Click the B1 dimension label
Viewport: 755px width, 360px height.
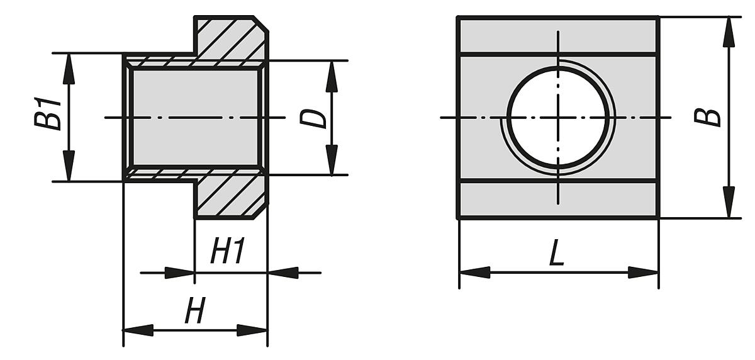(x=48, y=114)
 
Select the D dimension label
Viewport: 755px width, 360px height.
(x=313, y=119)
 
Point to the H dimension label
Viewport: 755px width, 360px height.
(x=195, y=310)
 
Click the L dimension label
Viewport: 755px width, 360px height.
(x=557, y=252)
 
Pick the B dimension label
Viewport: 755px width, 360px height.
(x=707, y=117)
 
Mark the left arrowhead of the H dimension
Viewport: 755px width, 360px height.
(x=139, y=330)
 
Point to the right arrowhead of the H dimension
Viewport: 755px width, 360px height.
(x=252, y=330)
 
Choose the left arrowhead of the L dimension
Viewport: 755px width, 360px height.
(x=475, y=273)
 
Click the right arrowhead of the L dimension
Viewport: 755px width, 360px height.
(x=643, y=273)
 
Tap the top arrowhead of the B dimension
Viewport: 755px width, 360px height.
(x=729, y=31)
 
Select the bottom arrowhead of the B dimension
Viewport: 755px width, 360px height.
(x=729, y=203)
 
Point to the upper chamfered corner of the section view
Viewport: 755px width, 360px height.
(x=261, y=24)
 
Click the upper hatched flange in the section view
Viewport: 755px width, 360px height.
(x=232, y=39)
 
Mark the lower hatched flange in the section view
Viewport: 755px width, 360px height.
(x=232, y=196)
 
